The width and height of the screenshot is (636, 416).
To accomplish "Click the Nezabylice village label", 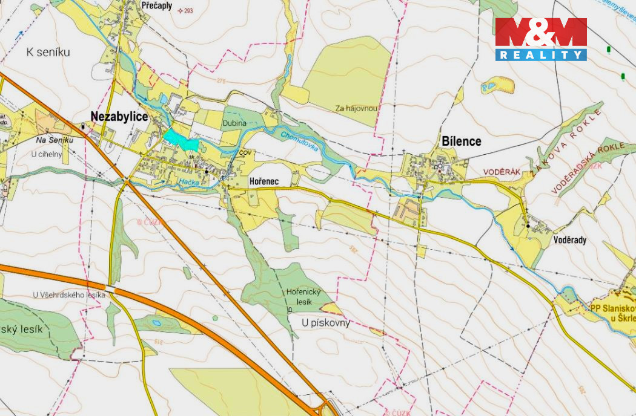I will pyautogui.click(x=119, y=117).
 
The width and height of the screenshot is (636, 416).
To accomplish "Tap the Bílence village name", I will pyautogui.click(x=461, y=141).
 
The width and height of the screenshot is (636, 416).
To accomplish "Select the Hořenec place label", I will pyautogui.click(x=264, y=181).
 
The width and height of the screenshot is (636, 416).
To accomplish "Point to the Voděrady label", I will pyautogui.click(x=570, y=239).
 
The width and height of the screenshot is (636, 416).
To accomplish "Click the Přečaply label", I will pyautogui.click(x=156, y=5).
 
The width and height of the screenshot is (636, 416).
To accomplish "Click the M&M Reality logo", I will pyautogui.click(x=541, y=39).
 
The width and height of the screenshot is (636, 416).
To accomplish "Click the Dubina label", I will pyautogui.click(x=234, y=123).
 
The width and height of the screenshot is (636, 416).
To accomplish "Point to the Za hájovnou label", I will pyautogui.click(x=357, y=109).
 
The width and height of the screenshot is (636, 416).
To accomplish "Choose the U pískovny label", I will pyautogui.click(x=326, y=323).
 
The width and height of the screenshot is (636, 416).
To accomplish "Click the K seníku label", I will pyautogui.click(x=48, y=52).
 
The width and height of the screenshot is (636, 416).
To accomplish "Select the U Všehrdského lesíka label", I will pyautogui.click(x=69, y=295).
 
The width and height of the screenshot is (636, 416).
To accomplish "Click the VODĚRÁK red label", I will pyautogui.click(x=502, y=172).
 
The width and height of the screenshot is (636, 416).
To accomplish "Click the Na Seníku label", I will pyautogui.click(x=55, y=140).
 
